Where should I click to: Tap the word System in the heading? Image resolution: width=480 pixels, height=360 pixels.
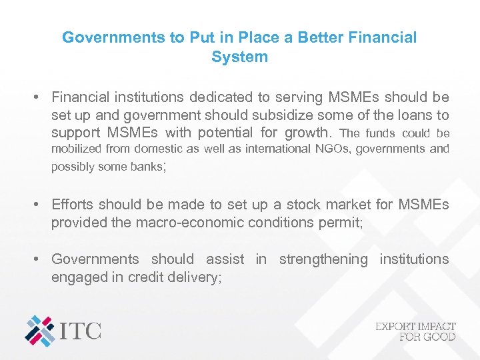(239, 57)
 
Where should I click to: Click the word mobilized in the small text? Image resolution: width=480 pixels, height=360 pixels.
(78, 149)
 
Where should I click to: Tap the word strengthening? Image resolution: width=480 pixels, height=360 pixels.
(323, 259)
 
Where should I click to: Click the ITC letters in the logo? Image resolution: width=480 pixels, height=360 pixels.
(81, 330)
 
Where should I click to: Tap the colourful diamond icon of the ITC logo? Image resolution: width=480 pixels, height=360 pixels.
(40, 330)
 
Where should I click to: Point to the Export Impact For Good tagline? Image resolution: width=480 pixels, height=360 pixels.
(415, 331)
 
